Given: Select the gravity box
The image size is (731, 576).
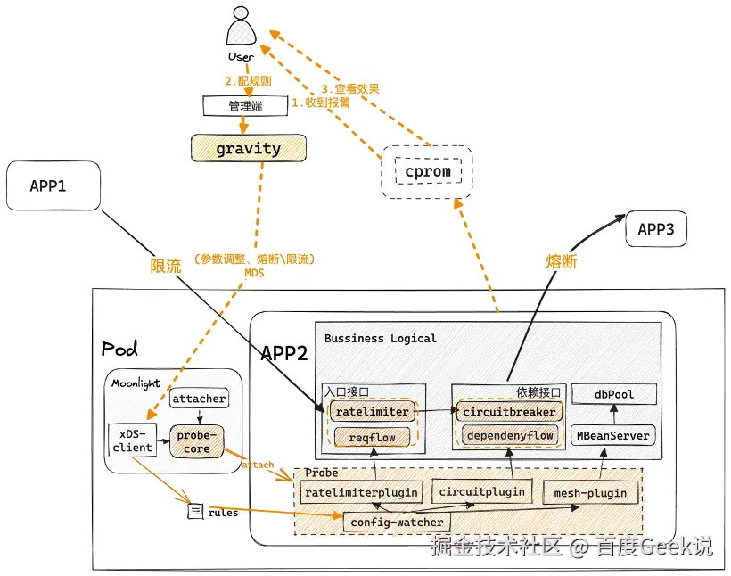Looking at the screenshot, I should [248, 149].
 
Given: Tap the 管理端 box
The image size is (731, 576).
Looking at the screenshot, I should [245, 106].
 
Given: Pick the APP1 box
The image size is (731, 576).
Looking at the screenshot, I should [53, 186].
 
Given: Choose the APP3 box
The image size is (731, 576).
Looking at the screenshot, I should [662, 229].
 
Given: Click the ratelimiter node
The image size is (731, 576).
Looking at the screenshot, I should [371, 412].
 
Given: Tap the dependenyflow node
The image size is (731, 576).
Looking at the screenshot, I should [510, 435].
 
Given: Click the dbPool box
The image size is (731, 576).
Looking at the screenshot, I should [614, 393].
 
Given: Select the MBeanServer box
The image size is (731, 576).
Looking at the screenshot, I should [614, 435].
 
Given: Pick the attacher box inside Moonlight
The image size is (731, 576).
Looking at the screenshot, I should [199, 399].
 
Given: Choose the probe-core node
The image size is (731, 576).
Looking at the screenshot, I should [196, 441].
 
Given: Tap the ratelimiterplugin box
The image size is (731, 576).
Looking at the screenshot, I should [360, 492].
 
